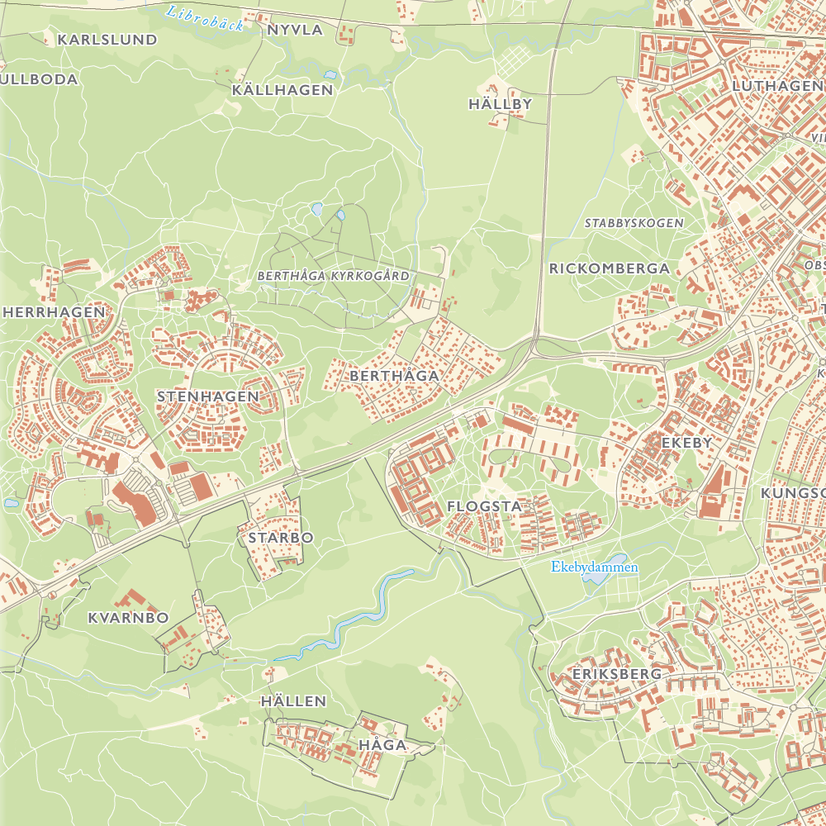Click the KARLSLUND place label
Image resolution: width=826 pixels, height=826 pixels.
pos(107,40)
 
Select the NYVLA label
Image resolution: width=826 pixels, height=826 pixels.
pos(295,30)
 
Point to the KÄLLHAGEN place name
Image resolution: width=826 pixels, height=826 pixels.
pos(282,90)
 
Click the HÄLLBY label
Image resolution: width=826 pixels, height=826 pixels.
pos(500,104)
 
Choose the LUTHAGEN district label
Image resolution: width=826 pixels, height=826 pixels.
pos(776,86)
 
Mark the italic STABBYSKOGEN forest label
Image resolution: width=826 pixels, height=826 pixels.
pos(634,223)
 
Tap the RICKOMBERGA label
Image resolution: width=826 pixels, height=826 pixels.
pos(610,268)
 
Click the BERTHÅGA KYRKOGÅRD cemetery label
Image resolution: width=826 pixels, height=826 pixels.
pos(333,276)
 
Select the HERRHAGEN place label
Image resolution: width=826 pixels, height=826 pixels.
pos(55,312)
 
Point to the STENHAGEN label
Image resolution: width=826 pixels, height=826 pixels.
pos(208,396)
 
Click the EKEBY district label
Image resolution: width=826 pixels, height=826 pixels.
pos(686,443)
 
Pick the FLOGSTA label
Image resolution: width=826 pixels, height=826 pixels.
pos(484,506)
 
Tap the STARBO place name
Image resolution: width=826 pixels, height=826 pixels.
pos(281,538)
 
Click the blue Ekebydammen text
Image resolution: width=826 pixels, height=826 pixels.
pos(595,567)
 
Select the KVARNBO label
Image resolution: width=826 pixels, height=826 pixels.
pos(128,618)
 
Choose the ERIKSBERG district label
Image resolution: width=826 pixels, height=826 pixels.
pos(616,674)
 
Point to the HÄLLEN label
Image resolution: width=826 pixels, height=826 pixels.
pos(293,701)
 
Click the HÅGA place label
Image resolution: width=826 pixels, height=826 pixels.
pos(382,745)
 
